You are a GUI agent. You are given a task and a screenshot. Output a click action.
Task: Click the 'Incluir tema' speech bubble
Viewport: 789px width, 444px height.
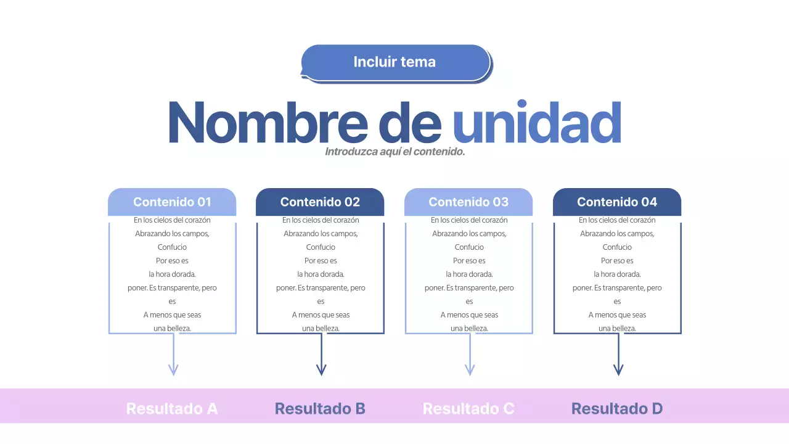point(395,62)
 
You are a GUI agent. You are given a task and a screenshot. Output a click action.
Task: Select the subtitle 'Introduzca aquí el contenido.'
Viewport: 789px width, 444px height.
point(394,152)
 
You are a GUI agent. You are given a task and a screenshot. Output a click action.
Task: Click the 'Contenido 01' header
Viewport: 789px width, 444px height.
point(172,202)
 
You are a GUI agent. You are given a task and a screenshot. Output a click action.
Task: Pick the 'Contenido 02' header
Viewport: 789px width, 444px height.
point(320,202)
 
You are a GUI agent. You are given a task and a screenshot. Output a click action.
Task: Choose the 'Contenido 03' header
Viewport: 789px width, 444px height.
point(468,202)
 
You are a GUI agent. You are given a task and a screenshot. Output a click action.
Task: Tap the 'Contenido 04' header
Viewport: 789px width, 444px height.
point(617,202)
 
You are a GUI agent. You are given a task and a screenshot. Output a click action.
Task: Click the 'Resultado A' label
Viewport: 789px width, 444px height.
point(172,408)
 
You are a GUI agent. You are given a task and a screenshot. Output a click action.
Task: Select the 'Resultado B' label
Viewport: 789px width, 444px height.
point(320,408)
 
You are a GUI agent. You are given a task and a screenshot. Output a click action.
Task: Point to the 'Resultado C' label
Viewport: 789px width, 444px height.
point(468,408)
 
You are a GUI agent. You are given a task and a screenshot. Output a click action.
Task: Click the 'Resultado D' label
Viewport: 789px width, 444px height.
point(617,408)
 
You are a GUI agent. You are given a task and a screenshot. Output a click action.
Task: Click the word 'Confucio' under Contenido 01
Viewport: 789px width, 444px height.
point(172,247)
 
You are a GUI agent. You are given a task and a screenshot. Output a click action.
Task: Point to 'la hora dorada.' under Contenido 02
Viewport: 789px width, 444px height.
point(321,274)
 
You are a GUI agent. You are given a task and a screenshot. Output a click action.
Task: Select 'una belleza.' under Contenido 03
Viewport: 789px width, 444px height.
point(469,329)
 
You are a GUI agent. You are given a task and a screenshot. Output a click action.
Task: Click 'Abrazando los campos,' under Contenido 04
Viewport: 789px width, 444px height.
point(617,234)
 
